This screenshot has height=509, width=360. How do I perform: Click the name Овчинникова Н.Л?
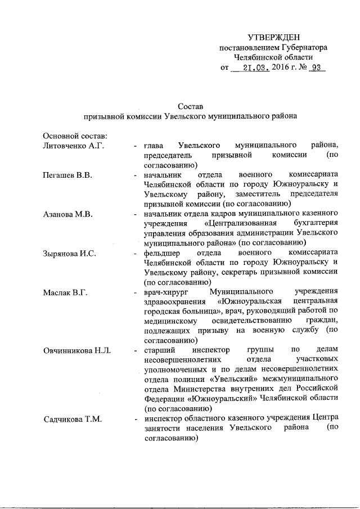pos(77,350)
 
